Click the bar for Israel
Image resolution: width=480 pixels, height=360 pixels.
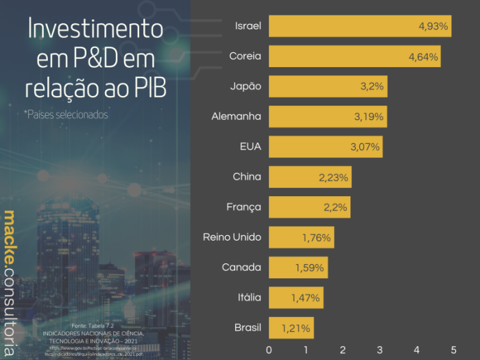coord(360,26)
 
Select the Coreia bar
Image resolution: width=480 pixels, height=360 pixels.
coord(355,56)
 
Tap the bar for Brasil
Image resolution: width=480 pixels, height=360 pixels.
coord(291,328)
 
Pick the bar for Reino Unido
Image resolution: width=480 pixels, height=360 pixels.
coord(301,237)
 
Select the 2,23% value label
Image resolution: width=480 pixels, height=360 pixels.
coord(334,177)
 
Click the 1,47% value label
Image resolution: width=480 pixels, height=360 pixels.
coord(306,298)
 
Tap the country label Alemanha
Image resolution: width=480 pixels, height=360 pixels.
coord(236,117)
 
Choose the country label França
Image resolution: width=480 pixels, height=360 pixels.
coord(243,207)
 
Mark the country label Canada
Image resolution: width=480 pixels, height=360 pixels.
coord(241,267)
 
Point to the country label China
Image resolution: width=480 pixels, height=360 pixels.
coord(247,177)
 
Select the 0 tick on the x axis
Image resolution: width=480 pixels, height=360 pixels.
coord(269,349)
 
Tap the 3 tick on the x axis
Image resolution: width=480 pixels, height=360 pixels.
coord(380,349)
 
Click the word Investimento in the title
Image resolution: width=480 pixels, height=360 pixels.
coord(95,29)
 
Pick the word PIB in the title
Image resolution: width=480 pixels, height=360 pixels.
coord(149,88)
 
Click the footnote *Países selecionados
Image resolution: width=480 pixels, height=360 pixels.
coord(66,115)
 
